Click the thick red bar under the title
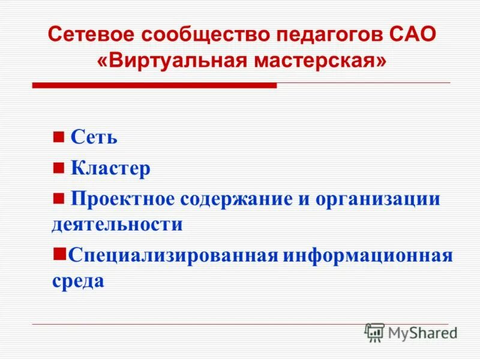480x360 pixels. click(x=154, y=86)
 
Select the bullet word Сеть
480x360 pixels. click(x=94, y=137)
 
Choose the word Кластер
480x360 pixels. click(x=110, y=169)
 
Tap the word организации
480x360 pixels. click(x=380, y=199)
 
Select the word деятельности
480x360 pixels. click(x=117, y=224)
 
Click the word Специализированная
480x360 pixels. click(x=173, y=256)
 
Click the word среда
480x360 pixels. click(x=78, y=281)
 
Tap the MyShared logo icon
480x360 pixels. click(x=374, y=332)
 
